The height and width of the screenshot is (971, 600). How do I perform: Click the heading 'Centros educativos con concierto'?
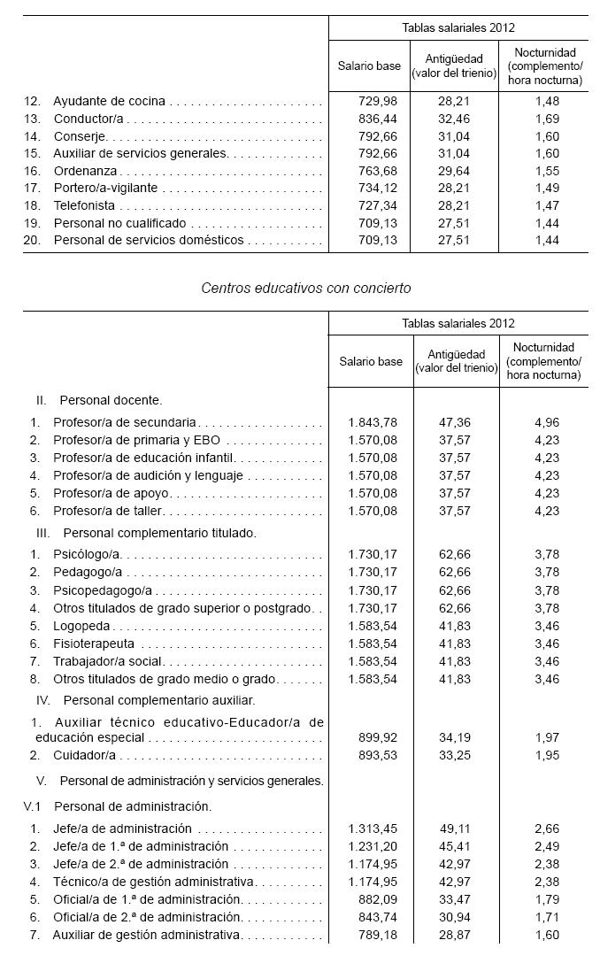pyautogui.click(x=305, y=288)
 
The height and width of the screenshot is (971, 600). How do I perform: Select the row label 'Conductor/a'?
pyautogui.click(x=88, y=118)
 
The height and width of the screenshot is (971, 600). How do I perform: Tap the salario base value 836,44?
pyautogui.click(x=369, y=118)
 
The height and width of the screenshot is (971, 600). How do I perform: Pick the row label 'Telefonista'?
pyautogui.click(x=84, y=205)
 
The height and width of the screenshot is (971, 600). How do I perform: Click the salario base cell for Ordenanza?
pyautogui.click(x=369, y=171)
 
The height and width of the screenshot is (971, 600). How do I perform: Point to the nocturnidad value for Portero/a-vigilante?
pyautogui.click(x=546, y=188)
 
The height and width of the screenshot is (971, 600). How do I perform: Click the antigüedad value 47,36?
pyautogui.click(x=456, y=422)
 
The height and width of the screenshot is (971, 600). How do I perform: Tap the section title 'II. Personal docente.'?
pyautogui.click(x=99, y=400)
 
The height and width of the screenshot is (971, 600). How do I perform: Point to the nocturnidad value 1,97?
pyautogui.click(x=547, y=737)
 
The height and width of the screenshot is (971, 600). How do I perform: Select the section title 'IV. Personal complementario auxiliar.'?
pyautogui.click(x=135, y=700)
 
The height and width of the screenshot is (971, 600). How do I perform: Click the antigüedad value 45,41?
pyautogui.click(x=456, y=847)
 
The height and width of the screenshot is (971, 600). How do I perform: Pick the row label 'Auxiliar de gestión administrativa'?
pyautogui.click(x=147, y=935)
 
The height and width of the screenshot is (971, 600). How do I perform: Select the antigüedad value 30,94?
pyautogui.click(x=456, y=917)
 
